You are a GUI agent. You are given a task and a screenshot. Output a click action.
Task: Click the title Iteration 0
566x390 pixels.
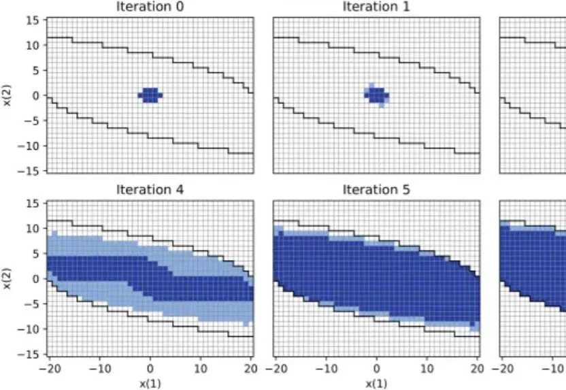[150, 7]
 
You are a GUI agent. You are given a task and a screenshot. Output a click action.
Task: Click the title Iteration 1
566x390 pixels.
[376, 7]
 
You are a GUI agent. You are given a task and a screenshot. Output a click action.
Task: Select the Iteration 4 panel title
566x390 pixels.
[150, 190]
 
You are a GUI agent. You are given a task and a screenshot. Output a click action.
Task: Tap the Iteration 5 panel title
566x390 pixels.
[376, 190]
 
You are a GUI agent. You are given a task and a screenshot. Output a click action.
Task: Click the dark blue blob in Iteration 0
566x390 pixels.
[150, 95]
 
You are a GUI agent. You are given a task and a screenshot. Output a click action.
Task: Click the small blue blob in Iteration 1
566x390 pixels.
[376, 95]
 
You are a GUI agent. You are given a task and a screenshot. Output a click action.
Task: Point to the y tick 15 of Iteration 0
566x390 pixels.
[33, 20]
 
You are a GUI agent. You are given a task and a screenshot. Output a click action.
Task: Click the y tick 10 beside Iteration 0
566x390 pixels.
[33, 46]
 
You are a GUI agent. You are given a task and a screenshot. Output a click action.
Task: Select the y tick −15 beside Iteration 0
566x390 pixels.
[29, 171]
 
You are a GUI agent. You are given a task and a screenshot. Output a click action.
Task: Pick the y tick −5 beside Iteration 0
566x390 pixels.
[31, 120]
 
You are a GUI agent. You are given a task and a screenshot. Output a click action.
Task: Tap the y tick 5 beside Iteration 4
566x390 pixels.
[35, 253]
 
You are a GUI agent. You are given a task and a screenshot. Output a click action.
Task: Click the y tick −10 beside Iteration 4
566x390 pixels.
[29, 329]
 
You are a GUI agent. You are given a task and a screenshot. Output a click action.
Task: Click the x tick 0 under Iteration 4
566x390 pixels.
[150, 369]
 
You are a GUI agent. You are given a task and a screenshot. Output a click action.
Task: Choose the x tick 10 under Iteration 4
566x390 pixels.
[201, 369]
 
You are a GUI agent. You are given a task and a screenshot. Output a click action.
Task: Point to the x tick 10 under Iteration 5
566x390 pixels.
[427, 369]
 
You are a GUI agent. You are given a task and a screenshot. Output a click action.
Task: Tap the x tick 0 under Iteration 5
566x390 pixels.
[376, 369]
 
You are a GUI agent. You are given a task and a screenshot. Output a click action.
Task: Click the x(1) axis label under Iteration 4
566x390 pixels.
[150, 383]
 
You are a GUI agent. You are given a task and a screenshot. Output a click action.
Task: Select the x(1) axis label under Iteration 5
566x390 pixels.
[376, 383]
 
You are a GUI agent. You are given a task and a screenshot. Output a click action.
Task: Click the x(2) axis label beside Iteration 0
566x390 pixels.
[7, 95]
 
